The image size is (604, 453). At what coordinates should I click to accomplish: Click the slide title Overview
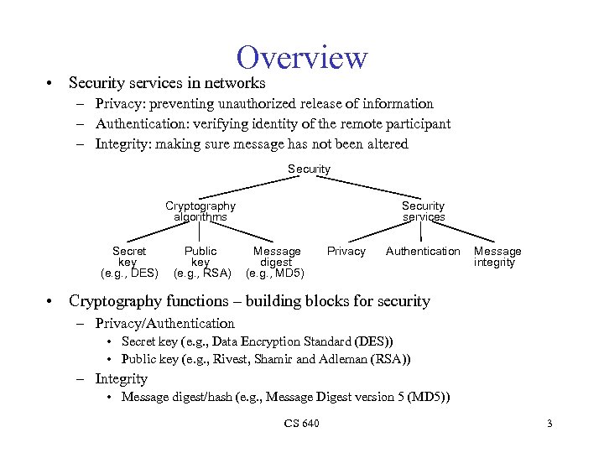pos(302,58)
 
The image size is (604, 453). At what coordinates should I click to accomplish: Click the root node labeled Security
pos(309,169)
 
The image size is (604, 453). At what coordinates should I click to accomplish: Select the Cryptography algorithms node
pos(200,211)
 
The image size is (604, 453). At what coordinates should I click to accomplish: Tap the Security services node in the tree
pos(423,211)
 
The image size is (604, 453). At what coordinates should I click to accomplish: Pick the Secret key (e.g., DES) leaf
pos(129,262)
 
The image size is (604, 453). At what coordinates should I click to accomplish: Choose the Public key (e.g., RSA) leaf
pos(201,262)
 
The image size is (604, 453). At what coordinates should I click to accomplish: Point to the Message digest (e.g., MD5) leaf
pos(276,262)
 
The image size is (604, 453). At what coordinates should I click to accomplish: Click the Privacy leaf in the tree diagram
pos(346,252)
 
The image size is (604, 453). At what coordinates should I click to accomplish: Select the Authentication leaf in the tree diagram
pos(423,252)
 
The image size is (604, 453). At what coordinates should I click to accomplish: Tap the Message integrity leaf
pos(497,257)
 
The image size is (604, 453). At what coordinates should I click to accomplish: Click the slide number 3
pos(549,424)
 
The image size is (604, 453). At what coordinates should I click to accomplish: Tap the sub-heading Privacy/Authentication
pos(165,323)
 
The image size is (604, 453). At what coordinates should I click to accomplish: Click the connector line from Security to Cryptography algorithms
pos(252,189)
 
